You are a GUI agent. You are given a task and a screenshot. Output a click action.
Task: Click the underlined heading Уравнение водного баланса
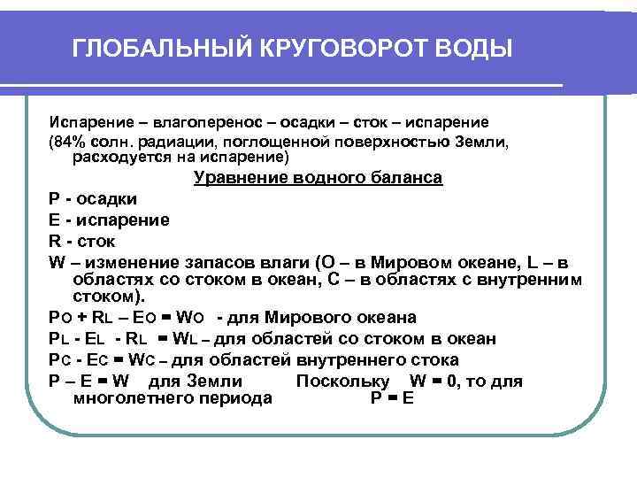coord(318,178)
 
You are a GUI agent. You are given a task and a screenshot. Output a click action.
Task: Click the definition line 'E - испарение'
coord(110,220)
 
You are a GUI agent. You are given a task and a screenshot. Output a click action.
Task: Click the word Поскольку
coord(342,382)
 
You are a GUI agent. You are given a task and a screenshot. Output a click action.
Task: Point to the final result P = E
coord(391,398)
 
